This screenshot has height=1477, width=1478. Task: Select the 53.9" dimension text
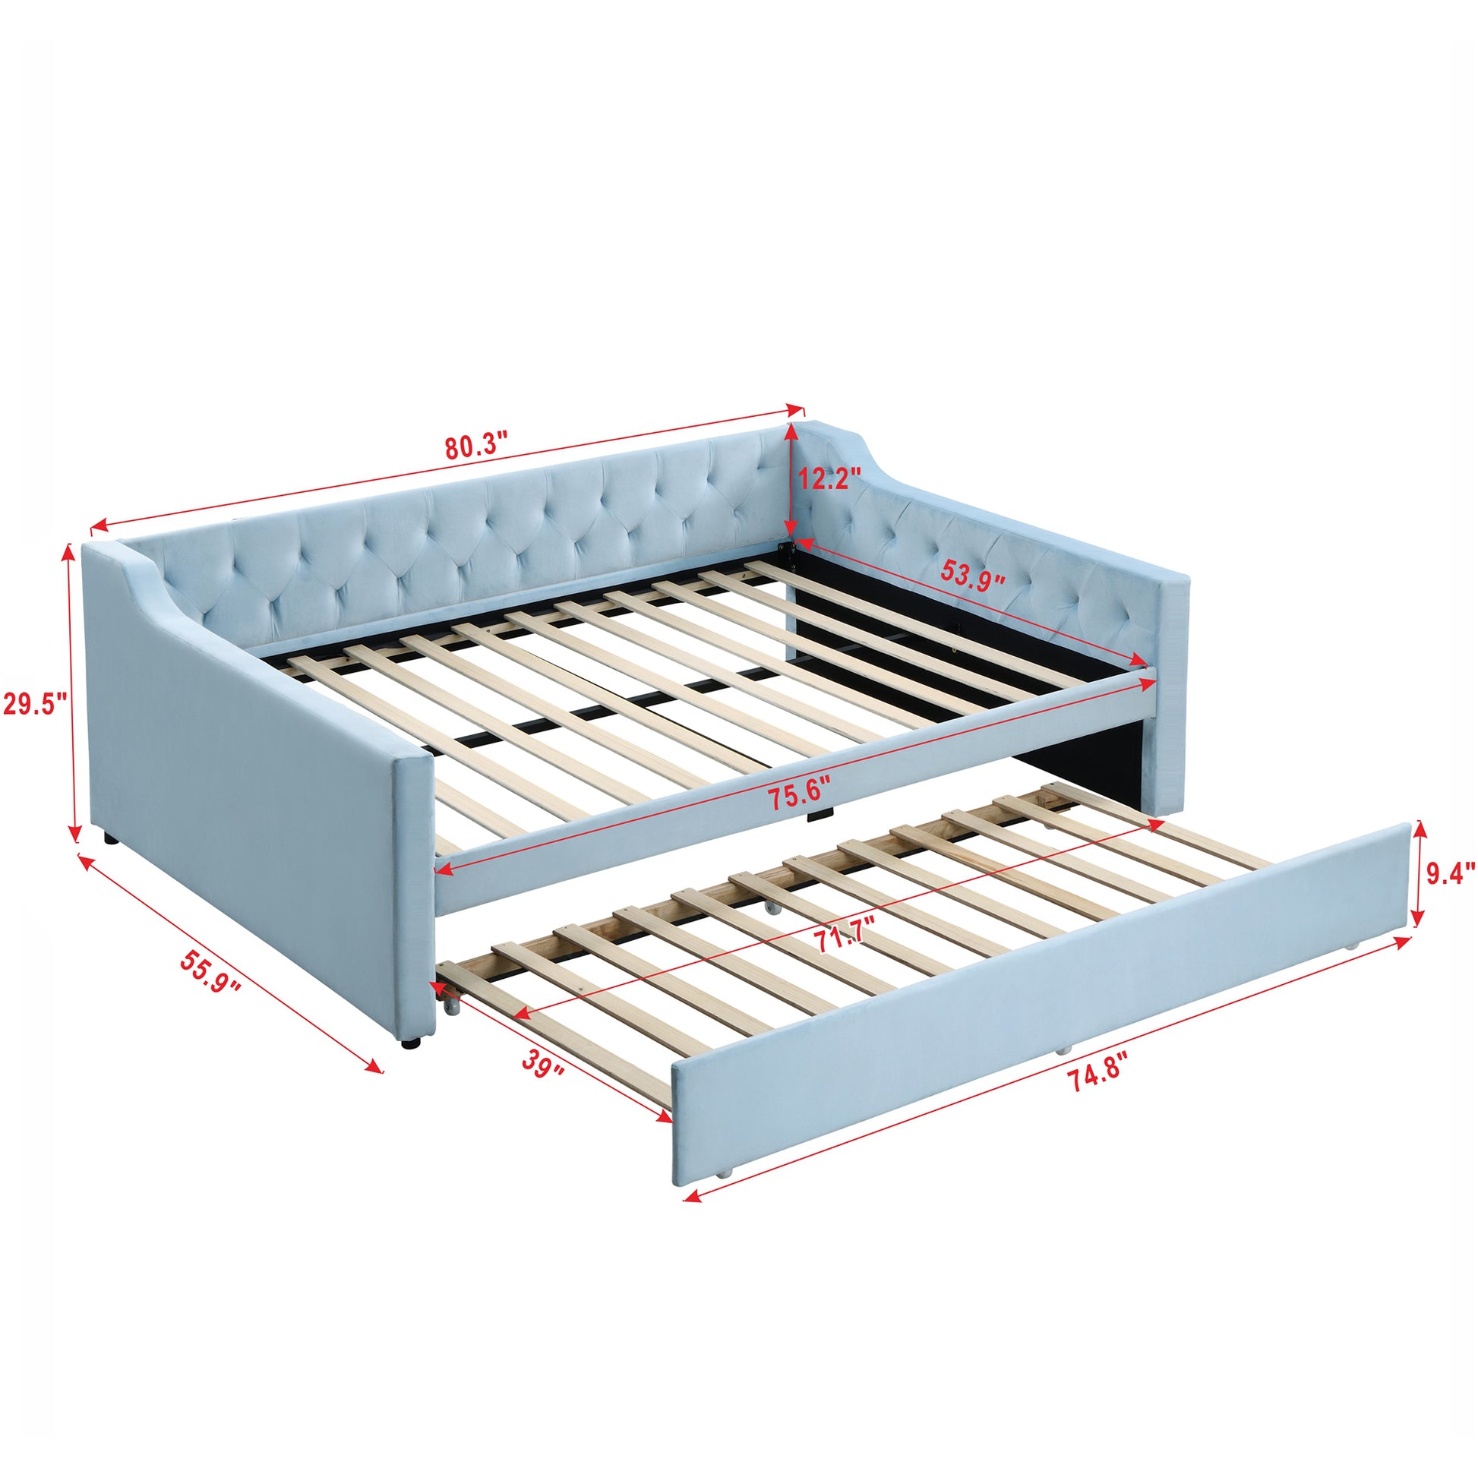click(x=971, y=574)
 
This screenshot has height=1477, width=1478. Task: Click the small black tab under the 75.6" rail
click(x=818, y=817)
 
